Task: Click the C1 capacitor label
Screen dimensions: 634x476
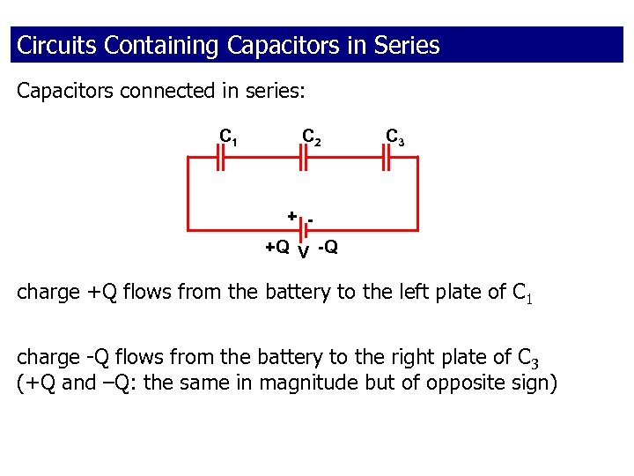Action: tap(227, 138)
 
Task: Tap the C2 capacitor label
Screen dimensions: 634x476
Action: tap(312, 138)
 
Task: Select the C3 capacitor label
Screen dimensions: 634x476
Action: tap(395, 138)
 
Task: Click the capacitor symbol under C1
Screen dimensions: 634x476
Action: tap(222, 158)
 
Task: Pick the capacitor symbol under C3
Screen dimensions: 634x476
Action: tap(386, 158)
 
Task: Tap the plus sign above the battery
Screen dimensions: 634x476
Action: tap(291, 216)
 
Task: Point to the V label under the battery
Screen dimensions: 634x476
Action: tap(302, 253)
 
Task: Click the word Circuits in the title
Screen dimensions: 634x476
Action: tap(57, 45)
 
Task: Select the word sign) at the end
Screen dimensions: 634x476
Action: tap(533, 384)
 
